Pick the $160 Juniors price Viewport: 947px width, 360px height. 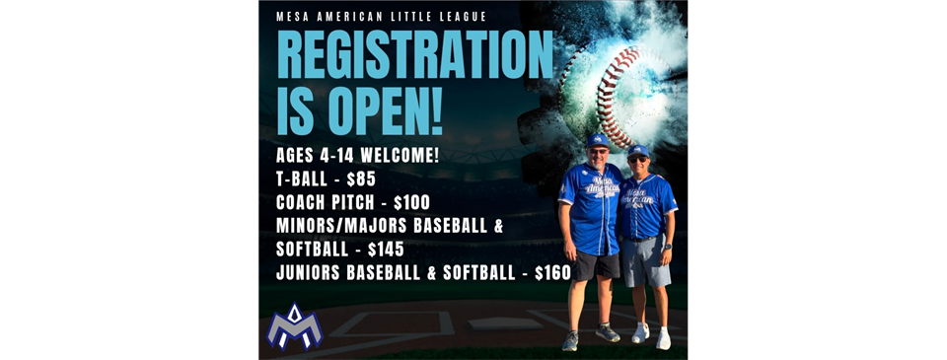coord(551,272)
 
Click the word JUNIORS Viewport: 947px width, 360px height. coord(315,272)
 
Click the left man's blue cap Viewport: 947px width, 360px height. coord(597,140)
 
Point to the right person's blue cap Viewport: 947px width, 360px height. coord(638,150)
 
